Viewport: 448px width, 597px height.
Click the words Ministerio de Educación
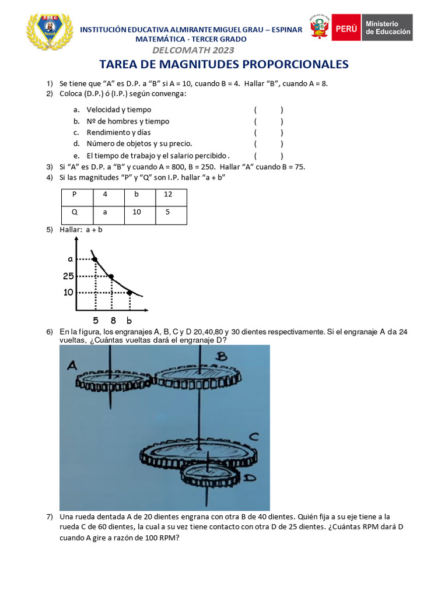(388, 28)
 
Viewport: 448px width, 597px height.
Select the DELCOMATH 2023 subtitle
(191, 50)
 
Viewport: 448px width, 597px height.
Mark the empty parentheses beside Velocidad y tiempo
(268, 110)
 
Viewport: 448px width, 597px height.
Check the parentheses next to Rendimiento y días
(268, 132)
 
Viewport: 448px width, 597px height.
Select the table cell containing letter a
(105, 213)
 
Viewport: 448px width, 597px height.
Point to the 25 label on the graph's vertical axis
(69, 276)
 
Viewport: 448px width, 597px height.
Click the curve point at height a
(94, 259)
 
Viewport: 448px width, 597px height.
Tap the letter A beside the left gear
(72, 366)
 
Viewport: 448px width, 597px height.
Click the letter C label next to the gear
(253, 437)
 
